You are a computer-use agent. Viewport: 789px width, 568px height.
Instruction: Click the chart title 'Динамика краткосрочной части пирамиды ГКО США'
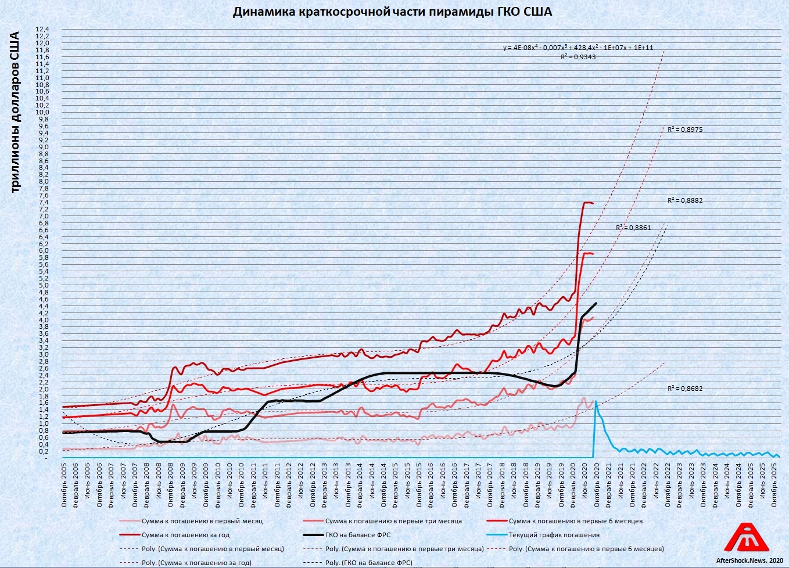(392, 12)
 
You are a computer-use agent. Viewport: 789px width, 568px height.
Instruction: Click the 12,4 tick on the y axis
(43, 29)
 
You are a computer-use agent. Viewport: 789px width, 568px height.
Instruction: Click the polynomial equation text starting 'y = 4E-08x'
(578, 48)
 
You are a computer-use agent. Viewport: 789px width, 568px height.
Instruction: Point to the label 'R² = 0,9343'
(578, 57)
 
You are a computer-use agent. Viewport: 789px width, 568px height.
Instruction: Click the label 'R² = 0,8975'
(685, 130)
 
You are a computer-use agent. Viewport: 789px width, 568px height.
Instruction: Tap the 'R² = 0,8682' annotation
(685, 389)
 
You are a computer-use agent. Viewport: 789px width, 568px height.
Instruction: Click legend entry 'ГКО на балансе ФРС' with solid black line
(357, 535)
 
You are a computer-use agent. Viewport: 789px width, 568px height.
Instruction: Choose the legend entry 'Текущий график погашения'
(554, 535)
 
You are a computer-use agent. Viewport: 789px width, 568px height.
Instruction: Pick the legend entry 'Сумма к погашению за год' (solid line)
(185, 535)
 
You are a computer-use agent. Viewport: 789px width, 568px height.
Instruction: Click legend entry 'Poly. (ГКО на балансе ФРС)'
(368, 563)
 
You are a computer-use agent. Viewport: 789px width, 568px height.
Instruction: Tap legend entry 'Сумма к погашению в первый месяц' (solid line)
(202, 521)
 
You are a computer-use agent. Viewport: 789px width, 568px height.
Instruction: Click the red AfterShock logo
(746, 538)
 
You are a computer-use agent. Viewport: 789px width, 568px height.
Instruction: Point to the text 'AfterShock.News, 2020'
(749, 560)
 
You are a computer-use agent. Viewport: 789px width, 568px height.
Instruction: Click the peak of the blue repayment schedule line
(596, 401)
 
